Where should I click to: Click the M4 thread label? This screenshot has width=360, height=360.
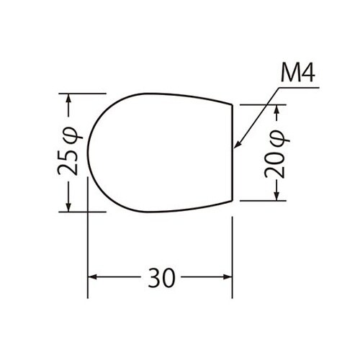click(x=297, y=73)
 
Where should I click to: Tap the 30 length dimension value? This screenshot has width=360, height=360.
click(x=161, y=278)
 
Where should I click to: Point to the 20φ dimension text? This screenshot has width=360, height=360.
click(x=276, y=154)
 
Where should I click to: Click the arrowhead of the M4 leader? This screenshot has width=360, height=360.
click(x=236, y=145)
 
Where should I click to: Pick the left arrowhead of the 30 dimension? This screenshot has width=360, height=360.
click(x=92, y=277)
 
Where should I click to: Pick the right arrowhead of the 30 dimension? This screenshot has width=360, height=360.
click(x=228, y=277)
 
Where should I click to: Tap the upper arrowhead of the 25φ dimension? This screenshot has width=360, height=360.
click(x=68, y=98)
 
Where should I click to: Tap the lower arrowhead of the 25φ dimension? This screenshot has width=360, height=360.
click(x=68, y=207)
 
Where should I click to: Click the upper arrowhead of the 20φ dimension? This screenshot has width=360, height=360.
click(x=276, y=109)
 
